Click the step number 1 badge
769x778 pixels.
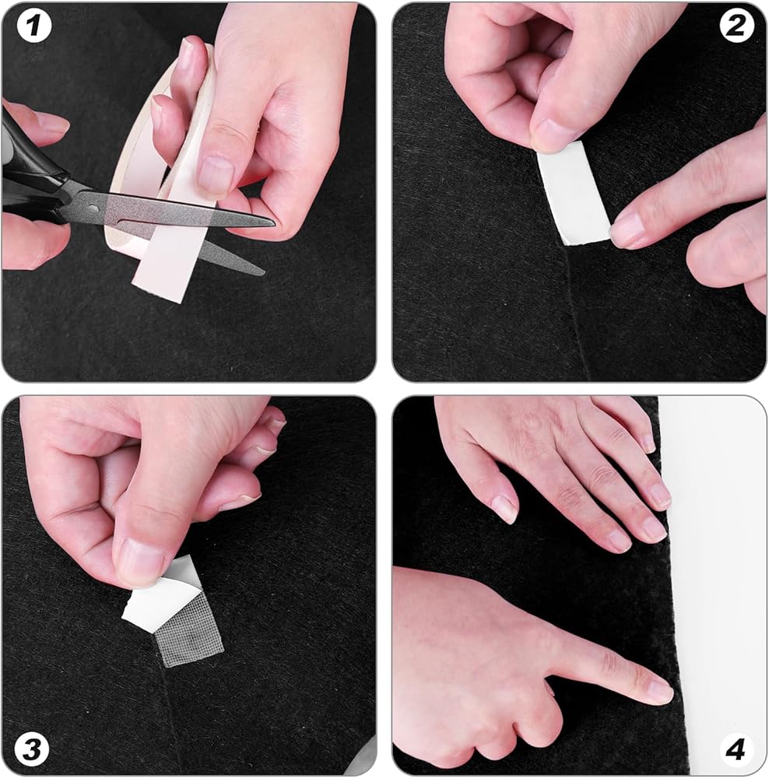click(34, 26)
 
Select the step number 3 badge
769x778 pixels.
click(32, 749)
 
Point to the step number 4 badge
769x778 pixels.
click(736, 749)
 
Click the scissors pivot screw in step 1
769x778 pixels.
click(93, 209)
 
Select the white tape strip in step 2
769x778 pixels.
click(574, 194)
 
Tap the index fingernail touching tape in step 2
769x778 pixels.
click(627, 228)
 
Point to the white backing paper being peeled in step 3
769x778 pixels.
click(159, 598)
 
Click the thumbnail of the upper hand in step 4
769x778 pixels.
click(506, 509)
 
